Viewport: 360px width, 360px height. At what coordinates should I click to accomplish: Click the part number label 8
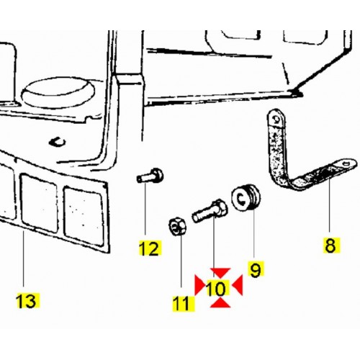click(x=331, y=246)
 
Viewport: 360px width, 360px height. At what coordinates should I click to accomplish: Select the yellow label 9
click(x=255, y=269)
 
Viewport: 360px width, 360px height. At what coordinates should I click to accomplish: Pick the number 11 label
click(x=184, y=304)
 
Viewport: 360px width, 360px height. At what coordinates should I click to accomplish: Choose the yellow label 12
click(x=150, y=248)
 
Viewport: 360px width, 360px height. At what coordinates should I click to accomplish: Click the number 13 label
click(x=27, y=300)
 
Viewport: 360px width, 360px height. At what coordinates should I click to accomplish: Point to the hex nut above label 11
click(x=178, y=226)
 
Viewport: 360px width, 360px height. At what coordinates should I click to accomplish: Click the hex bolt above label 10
click(x=210, y=211)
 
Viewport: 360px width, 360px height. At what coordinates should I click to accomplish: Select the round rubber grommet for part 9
click(x=246, y=197)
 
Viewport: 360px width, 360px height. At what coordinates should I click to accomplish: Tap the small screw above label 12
click(x=150, y=175)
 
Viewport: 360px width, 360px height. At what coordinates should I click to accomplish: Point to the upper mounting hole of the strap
click(x=276, y=119)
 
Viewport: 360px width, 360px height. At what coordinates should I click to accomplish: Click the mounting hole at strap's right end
click(x=347, y=164)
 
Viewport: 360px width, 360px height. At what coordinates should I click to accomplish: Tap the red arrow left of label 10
click(x=199, y=285)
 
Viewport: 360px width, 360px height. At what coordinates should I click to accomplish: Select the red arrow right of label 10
click(x=238, y=285)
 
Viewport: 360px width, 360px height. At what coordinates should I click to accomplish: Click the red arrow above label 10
click(x=220, y=272)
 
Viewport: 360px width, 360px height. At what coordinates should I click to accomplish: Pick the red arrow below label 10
click(x=220, y=303)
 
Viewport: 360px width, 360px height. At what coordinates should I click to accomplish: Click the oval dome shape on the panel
click(x=58, y=92)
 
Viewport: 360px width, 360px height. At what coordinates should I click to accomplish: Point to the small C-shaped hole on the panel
click(x=57, y=143)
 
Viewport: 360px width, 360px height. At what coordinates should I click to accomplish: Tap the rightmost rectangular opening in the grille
click(x=84, y=216)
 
